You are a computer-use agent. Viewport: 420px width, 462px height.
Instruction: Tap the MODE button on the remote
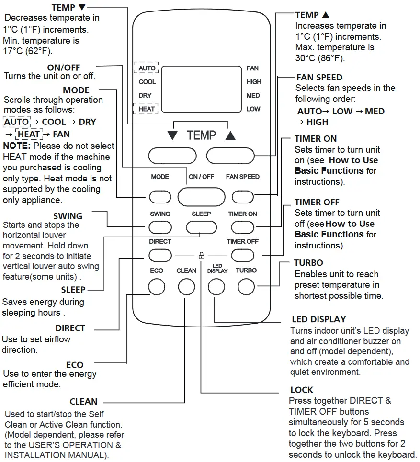click(160, 197)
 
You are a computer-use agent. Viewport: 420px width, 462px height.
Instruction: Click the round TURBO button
click(246, 287)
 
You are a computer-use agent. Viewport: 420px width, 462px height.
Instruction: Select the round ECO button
click(157, 287)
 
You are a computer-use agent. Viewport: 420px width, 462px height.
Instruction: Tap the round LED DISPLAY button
click(216, 287)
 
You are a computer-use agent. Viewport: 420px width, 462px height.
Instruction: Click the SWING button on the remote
click(160, 226)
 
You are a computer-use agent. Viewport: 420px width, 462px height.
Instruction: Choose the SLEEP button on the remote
click(201, 226)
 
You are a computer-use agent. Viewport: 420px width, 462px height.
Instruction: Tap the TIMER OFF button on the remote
click(243, 255)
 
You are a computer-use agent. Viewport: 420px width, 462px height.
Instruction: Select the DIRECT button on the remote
click(160, 255)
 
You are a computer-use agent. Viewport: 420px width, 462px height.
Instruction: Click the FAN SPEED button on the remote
click(243, 197)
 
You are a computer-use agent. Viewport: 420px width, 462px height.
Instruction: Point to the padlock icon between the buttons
click(201, 256)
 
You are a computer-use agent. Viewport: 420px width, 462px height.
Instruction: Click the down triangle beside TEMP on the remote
click(172, 136)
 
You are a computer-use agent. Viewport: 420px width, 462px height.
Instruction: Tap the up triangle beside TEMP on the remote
click(230, 136)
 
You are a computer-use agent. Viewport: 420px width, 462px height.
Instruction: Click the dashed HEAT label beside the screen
click(147, 109)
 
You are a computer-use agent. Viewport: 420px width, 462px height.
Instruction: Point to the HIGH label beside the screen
click(253, 82)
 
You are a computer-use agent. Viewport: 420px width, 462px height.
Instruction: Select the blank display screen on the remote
click(201, 89)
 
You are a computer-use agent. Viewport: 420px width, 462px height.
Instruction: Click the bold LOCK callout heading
click(302, 390)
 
